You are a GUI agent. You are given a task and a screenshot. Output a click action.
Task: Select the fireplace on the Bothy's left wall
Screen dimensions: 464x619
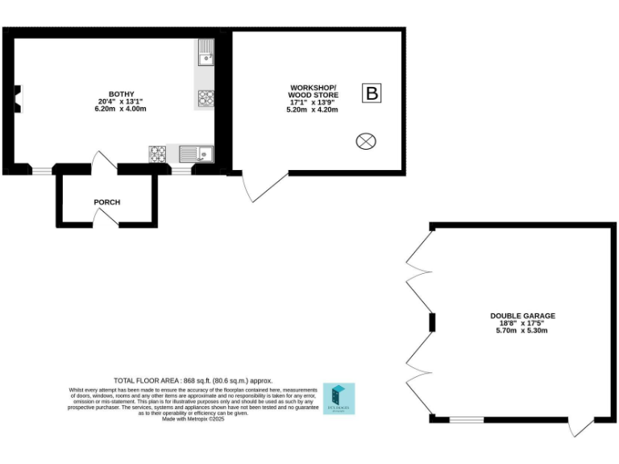(x=17, y=97)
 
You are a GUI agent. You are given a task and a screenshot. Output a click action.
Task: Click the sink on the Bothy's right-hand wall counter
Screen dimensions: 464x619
(x=206, y=53)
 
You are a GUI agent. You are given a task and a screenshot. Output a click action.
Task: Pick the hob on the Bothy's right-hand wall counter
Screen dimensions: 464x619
(x=206, y=97)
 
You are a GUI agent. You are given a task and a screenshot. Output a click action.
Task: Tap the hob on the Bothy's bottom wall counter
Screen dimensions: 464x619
(x=157, y=153)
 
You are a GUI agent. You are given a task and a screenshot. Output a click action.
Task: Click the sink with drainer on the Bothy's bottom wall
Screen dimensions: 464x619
(x=194, y=153)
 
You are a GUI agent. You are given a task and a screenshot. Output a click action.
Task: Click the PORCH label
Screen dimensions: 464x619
(x=107, y=202)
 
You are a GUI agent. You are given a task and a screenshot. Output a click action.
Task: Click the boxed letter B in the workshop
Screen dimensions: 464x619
(x=372, y=93)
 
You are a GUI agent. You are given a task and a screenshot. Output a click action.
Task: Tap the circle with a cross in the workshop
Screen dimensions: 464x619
(x=366, y=142)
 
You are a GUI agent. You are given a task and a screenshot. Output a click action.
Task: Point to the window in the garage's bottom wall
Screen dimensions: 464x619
(x=466, y=419)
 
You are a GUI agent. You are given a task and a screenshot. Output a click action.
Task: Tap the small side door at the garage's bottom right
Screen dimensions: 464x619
(x=580, y=427)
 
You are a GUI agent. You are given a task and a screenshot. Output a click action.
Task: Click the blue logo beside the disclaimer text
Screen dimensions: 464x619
(x=339, y=398)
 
